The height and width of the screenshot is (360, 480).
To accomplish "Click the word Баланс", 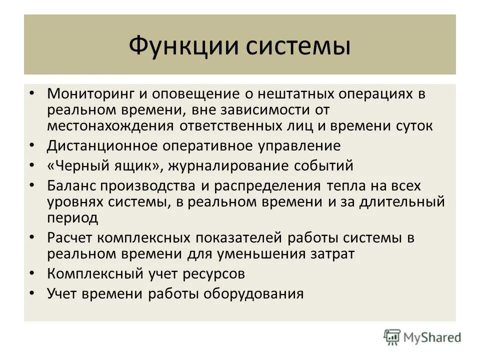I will click(x=72, y=186).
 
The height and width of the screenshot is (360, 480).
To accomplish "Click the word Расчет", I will click(x=70, y=237).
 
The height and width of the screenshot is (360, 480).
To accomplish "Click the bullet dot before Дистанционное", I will click(x=32, y=145).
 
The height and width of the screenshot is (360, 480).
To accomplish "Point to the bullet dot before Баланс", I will click(x=32, y=186).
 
